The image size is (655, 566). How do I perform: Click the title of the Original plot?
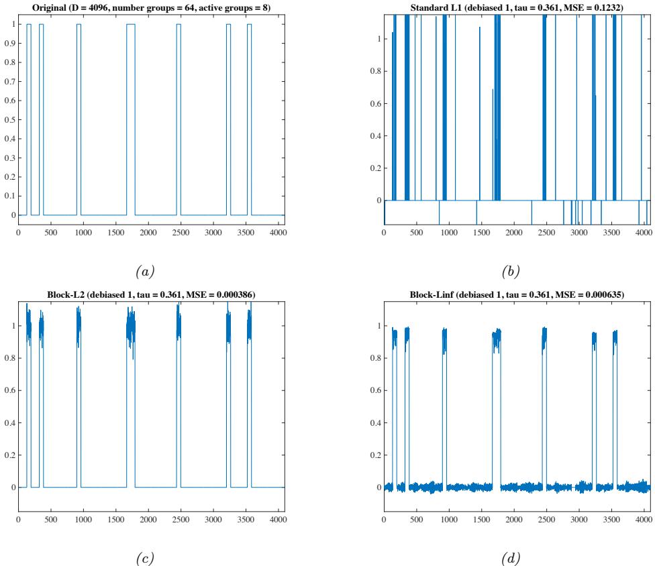pyautogui.click(x=151, y=8)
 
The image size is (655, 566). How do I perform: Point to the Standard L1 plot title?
pyautogui.click(x=516, y=8)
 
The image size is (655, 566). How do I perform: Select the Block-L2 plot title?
pyautogui.click(x=151, y=294)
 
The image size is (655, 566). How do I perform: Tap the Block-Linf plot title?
pyautogui.click(x=516, y=294)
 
